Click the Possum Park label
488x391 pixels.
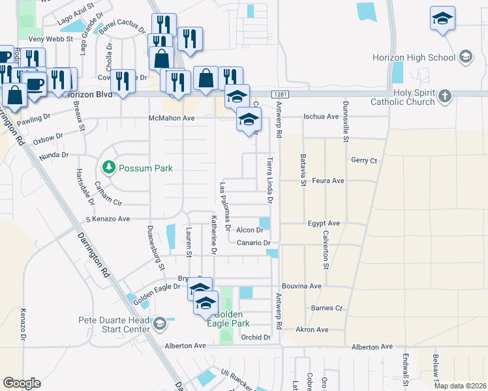coord(145,168)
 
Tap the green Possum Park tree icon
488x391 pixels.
coord(108,167)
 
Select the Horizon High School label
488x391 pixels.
coord(414,57)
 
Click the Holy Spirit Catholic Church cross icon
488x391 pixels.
coord(444,96)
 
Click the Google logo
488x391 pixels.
coord(22,383)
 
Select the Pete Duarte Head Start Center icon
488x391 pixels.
coord(160,323)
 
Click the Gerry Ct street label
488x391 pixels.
coord(364,160)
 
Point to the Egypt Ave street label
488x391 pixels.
coord(324,223)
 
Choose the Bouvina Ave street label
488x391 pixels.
coord(301,286)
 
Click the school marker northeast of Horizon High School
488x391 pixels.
coord(442,18)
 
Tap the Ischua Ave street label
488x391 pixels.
coord(321,117)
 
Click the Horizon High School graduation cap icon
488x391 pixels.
coord(466,57)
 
